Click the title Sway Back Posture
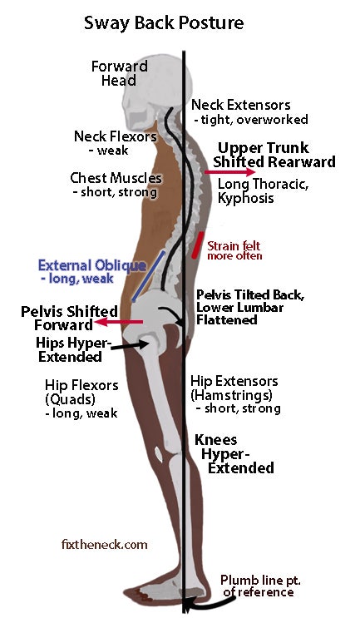164,22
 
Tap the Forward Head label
119,73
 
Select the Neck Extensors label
240,105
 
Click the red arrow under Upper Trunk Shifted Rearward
230,172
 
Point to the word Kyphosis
245,198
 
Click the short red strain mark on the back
198,245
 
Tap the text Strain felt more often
234,250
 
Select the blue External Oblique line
148,276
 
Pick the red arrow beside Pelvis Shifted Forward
119,322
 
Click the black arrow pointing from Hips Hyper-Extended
130,345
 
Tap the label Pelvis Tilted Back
250,294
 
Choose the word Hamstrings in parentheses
232,395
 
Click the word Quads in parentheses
70,399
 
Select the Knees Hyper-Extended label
235,453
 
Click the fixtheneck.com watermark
105,545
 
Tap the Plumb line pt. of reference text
260,586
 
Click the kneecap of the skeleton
158,454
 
